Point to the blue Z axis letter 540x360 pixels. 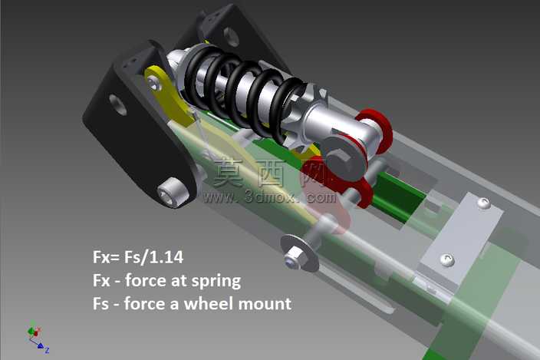click(48, 350)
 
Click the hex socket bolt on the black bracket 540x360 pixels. click(173, 192)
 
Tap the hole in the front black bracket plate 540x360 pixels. click(118, 104)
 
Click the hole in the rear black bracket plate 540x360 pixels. click(231, 37)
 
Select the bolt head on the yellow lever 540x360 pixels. click(155, 83)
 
